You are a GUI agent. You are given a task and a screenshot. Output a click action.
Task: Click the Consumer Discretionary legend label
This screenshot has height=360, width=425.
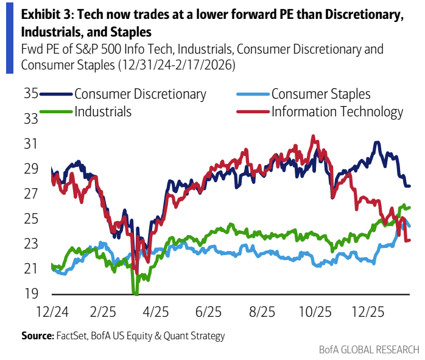click(x=140, y=94)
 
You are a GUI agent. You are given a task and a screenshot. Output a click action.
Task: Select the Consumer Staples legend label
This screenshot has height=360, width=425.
click(x=321, y=94)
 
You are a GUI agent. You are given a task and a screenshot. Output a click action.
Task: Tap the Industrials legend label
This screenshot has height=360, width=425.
click(x=103, y=111)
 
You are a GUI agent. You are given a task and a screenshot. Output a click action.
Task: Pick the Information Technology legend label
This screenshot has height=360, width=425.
click(x=337, y=111)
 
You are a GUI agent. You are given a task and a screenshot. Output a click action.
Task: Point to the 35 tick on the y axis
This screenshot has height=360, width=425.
click(x=30, y=94)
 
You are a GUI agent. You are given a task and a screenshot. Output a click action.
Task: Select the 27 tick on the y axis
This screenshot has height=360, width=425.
click(x=30, y=194)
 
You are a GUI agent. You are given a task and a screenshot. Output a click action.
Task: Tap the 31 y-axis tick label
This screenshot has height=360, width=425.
click(x=30, y=144)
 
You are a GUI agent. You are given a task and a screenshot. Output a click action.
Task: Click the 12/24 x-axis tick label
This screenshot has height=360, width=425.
click(x=52, y=312)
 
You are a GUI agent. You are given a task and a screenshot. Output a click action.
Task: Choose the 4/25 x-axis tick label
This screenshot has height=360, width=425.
click(x=156, y=312)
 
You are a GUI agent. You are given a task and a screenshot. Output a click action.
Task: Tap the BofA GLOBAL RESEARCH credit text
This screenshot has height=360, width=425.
click(x=369, y=350)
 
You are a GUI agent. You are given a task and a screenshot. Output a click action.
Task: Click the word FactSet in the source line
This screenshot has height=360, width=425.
click(x=72, y=336)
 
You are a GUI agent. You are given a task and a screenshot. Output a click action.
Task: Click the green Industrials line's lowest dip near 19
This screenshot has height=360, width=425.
click(x=136, y=294)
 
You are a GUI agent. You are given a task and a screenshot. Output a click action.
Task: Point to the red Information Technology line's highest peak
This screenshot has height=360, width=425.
click(x=313, y=136)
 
